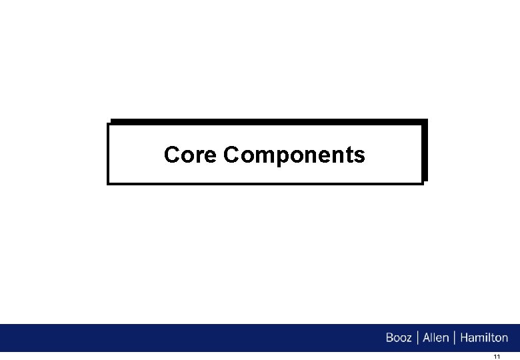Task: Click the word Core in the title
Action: (191, 155)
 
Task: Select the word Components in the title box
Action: (295, 155)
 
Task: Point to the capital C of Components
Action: (232, 155)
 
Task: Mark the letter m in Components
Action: (263, 157)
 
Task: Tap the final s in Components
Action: (360, 157)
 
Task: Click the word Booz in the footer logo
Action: (399, 338)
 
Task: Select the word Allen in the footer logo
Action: (436, 338)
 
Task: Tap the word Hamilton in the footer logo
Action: (483, 338)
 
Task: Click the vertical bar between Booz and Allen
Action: (417, 338)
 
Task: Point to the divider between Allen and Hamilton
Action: (455, 338)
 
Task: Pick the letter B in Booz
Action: (390, 338)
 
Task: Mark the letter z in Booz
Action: (409, 339)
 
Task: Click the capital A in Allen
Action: (427, 338)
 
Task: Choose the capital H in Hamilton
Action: (464, 338)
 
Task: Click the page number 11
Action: (497, 357)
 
